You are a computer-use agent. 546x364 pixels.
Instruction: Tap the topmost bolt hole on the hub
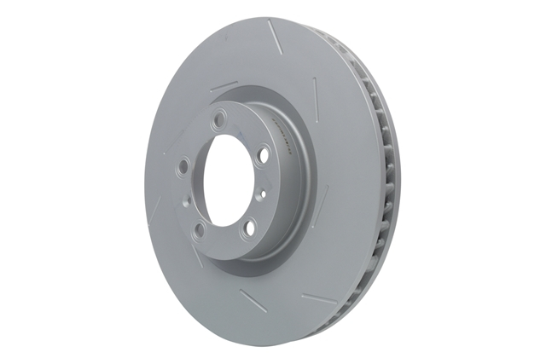(221, 118)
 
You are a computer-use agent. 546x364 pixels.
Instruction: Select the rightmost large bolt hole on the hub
(264, 154)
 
